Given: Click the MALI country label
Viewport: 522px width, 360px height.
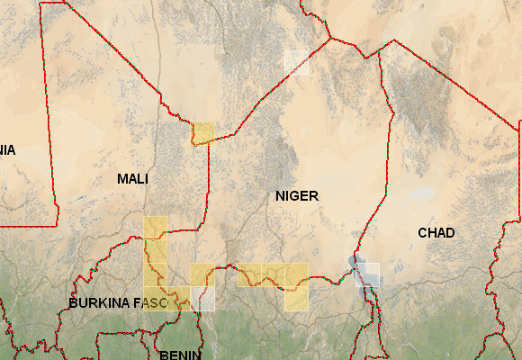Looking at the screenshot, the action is point(132,179).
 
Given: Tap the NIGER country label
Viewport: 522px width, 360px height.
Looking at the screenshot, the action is point(297,195).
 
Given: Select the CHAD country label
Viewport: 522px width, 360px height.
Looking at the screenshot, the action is point(436,233).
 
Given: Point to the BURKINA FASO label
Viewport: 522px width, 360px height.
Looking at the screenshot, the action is point(118,303).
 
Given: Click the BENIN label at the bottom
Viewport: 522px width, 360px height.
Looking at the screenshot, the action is point(180,355).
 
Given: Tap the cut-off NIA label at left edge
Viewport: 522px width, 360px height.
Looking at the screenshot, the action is point(7,149).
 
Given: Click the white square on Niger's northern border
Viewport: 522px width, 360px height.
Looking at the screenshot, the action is point(297,62).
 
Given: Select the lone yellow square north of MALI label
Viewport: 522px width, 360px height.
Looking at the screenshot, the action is point(204,133).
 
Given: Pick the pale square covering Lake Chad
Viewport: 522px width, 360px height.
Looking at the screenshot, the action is point(367,274).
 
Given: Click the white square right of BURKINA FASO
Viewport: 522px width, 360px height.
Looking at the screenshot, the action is point(202,299).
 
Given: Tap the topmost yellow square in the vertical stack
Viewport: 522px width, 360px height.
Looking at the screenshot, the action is point(156,228).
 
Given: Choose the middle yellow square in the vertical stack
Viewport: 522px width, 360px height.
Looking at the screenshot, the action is point(156,251).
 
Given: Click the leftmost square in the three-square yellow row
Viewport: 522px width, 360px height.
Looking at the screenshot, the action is point(249,274).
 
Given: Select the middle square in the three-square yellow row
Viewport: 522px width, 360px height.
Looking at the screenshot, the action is point(273,274).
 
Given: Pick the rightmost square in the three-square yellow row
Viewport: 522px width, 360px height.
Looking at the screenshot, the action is point(297,274).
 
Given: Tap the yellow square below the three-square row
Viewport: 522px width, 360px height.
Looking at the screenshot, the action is point(297,299).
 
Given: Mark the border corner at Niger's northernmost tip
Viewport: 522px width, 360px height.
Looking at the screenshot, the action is point(330,39).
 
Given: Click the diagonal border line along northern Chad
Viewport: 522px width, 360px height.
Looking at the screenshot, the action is point(450,85).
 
